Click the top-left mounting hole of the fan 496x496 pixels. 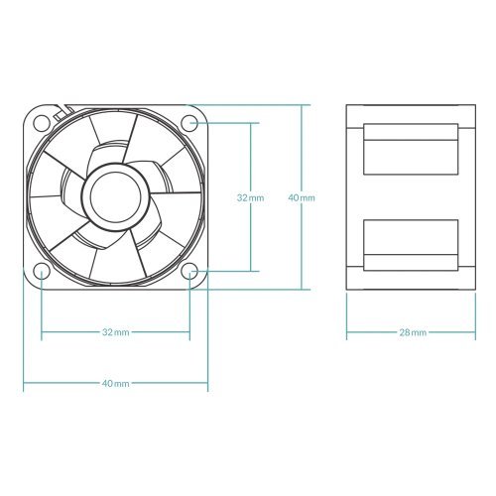click(41, 122)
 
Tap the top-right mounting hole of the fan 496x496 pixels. click(190, 122)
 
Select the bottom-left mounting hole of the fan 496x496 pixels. click(41, 272)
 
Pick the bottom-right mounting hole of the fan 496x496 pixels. click(190, 272)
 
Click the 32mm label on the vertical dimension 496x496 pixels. click(250, 198)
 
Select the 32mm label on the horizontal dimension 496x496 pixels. click(115, 332)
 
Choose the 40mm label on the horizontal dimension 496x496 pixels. click(115, 383)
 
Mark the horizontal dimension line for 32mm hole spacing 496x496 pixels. click(69, 332)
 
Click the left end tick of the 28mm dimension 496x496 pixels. click(346, 332)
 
